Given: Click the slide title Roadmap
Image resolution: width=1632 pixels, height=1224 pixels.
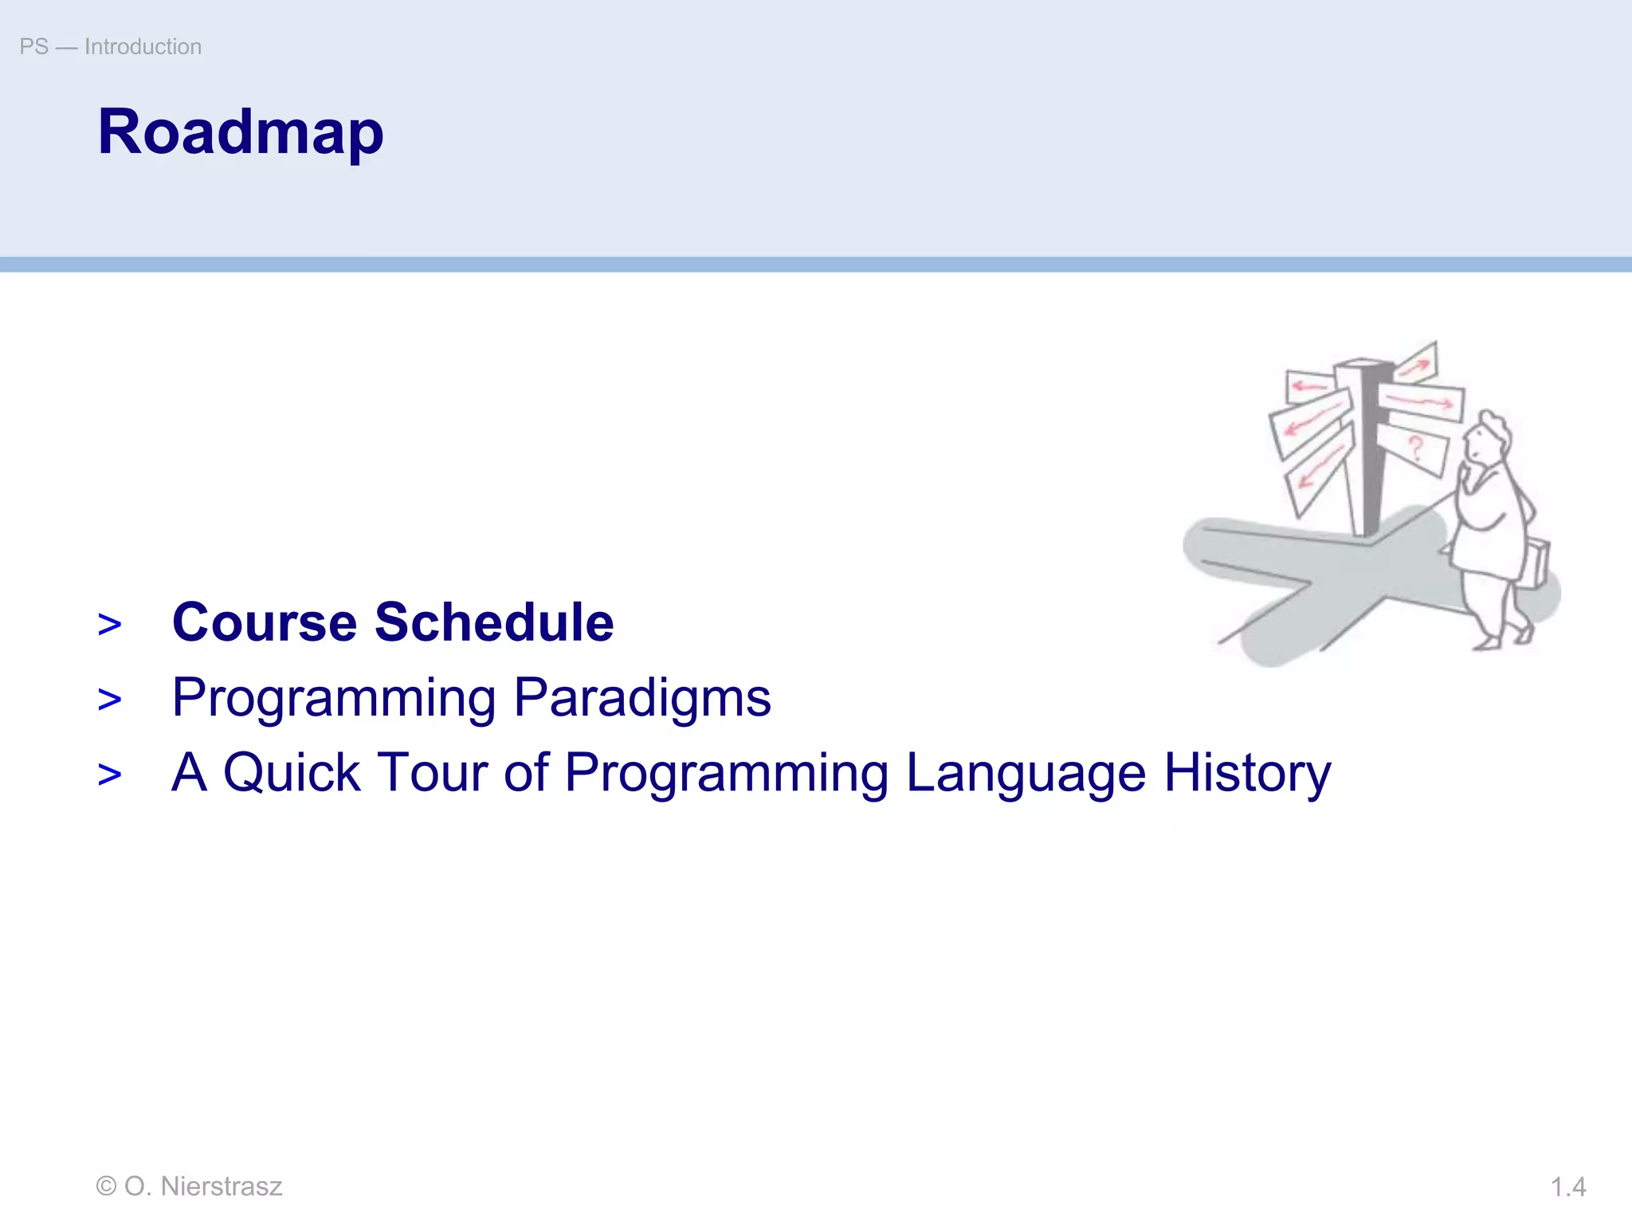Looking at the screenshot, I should pyautogui.click(x=240, y=132).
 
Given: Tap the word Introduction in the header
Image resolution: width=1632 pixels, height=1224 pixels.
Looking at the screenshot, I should pyautogui.click(x=143, y=47).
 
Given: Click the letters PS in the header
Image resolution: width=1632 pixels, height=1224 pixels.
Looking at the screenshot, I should pyautogui.click(x=33, y=47).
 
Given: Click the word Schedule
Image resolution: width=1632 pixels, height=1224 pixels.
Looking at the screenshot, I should pyautogui.click(x=494, y=622).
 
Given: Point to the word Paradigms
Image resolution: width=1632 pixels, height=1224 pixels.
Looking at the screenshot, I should pyautogui.click(x=642, y=698).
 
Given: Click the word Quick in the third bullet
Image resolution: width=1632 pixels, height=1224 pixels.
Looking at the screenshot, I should pyautogui.click(x=292, y=772).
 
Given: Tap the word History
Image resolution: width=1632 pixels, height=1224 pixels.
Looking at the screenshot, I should pyautogui.click(x=1247, y=772).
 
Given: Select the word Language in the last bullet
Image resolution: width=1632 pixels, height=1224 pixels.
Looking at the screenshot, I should pyautogui.click(x=1026, y=772).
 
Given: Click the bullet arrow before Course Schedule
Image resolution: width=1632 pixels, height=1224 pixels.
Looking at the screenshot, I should pyautogui.click(x=110, y=626).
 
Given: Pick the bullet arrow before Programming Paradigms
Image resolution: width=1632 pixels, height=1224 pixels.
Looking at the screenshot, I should pyautogui.click(x=110, y=700).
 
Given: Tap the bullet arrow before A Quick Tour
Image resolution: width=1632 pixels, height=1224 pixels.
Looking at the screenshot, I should pyautogui.click(x=110, y=775).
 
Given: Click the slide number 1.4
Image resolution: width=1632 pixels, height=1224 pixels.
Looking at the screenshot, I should pyautogui.click(x=1567, y=1187).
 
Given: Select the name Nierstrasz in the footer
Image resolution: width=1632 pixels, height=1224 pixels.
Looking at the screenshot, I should pyautogui.click(x=222, y=1187).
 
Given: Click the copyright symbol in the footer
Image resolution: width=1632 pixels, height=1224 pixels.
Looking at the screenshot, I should pyautogui.click(x=106, y=1187).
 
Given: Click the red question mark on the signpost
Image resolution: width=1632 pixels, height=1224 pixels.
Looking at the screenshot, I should pyautogui.click(x=1416, y=448).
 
